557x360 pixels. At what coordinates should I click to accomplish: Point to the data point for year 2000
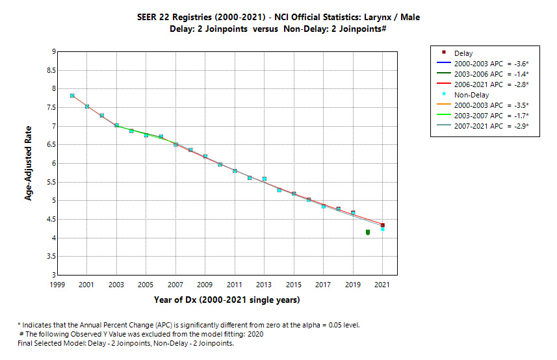(x=72, y=96)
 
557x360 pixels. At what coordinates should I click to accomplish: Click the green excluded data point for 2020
(x=368, y=232)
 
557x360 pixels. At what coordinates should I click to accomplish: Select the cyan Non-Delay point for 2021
(x=383, y=229)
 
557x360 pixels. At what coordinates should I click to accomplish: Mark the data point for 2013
(x=265, y=179)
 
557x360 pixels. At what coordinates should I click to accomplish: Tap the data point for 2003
(x=117, y=125)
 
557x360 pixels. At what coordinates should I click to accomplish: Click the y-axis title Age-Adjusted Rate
(x=29, y=163)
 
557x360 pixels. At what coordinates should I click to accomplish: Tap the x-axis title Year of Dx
(x=227, y=300)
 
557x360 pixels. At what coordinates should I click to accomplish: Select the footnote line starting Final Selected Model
(x=125, y=343)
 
